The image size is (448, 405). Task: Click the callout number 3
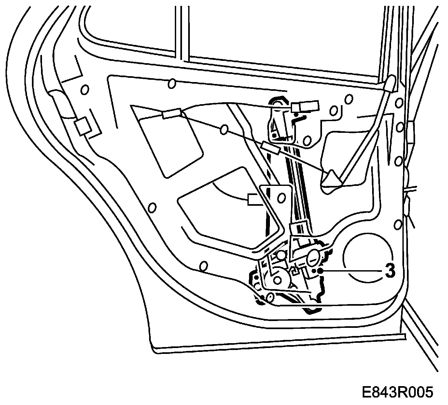click(390, 270)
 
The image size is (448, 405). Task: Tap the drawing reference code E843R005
click(398, 392)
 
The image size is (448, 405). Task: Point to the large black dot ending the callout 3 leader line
click(321, 271)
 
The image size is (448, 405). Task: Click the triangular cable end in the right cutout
click(331, 178)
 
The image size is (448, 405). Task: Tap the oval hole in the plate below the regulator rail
click(281, 198)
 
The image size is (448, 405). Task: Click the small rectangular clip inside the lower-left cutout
click(255, 200)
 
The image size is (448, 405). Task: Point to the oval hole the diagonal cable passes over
click(224, 130)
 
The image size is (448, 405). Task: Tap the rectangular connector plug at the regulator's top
click(305, 106)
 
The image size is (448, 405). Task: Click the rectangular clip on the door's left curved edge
click(83, 126)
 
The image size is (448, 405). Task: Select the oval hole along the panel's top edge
click(172, 84)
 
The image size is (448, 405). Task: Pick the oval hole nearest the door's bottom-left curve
click(203, 266)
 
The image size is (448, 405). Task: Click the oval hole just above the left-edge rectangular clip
click(85, 90)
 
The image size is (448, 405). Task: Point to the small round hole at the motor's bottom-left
click(270, 297)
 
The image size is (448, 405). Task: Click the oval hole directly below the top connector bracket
click(307, 141)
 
